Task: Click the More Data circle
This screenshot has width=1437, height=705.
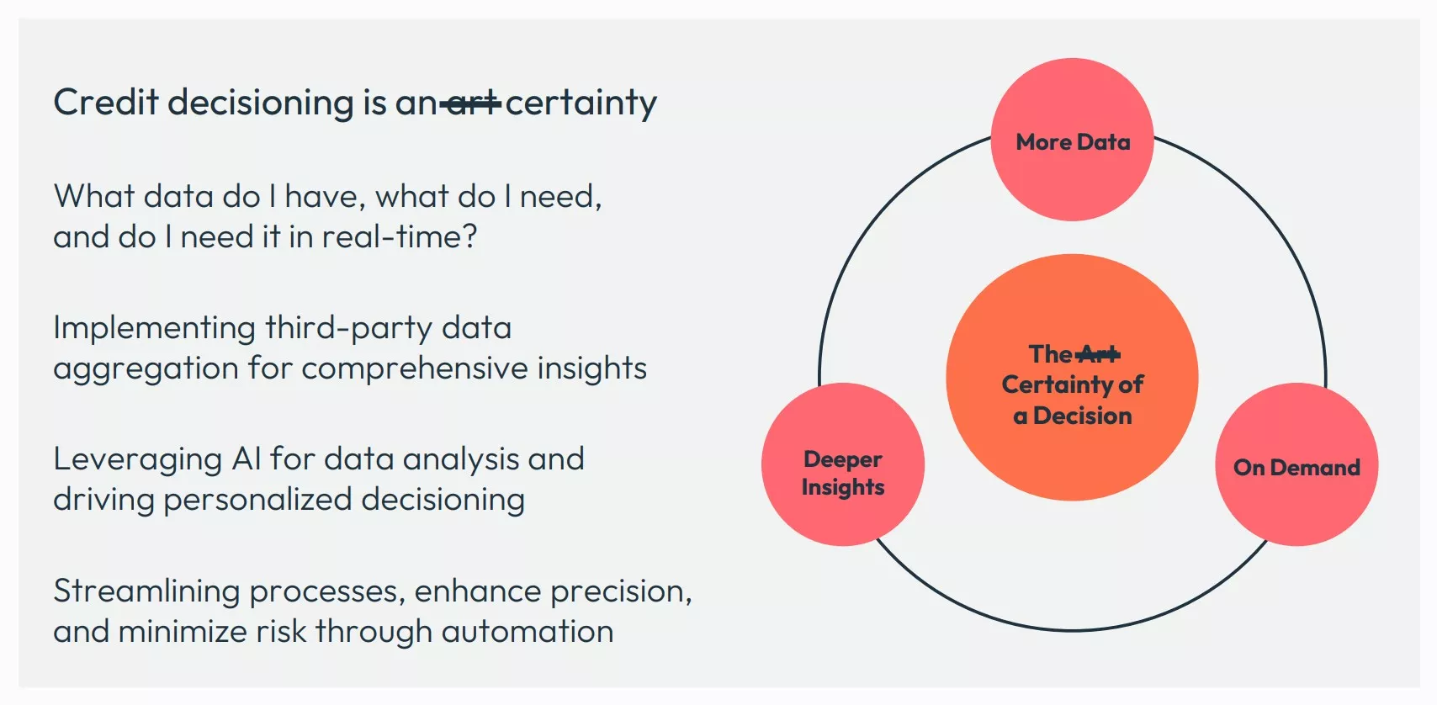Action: pos(1072,140)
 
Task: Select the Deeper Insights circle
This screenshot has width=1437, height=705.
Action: pos(842,465)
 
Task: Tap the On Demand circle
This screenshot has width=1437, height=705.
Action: pos(1296,465)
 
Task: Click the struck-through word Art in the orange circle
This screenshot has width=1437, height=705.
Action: pos(1099,354)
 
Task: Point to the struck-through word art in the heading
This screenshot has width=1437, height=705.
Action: pos(471,103)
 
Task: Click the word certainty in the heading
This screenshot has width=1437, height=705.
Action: pos(581,103)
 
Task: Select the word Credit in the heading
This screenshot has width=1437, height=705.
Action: pos(106,103)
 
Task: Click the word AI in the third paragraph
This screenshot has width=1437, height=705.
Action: pos(247,459)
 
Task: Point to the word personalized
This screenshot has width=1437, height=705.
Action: pos(257,500)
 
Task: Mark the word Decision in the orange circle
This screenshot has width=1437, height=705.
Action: pos(1082,416)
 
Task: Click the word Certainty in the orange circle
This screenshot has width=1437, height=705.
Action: pos(1056,384)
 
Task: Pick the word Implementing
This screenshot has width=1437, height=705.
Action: pos(154,327)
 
